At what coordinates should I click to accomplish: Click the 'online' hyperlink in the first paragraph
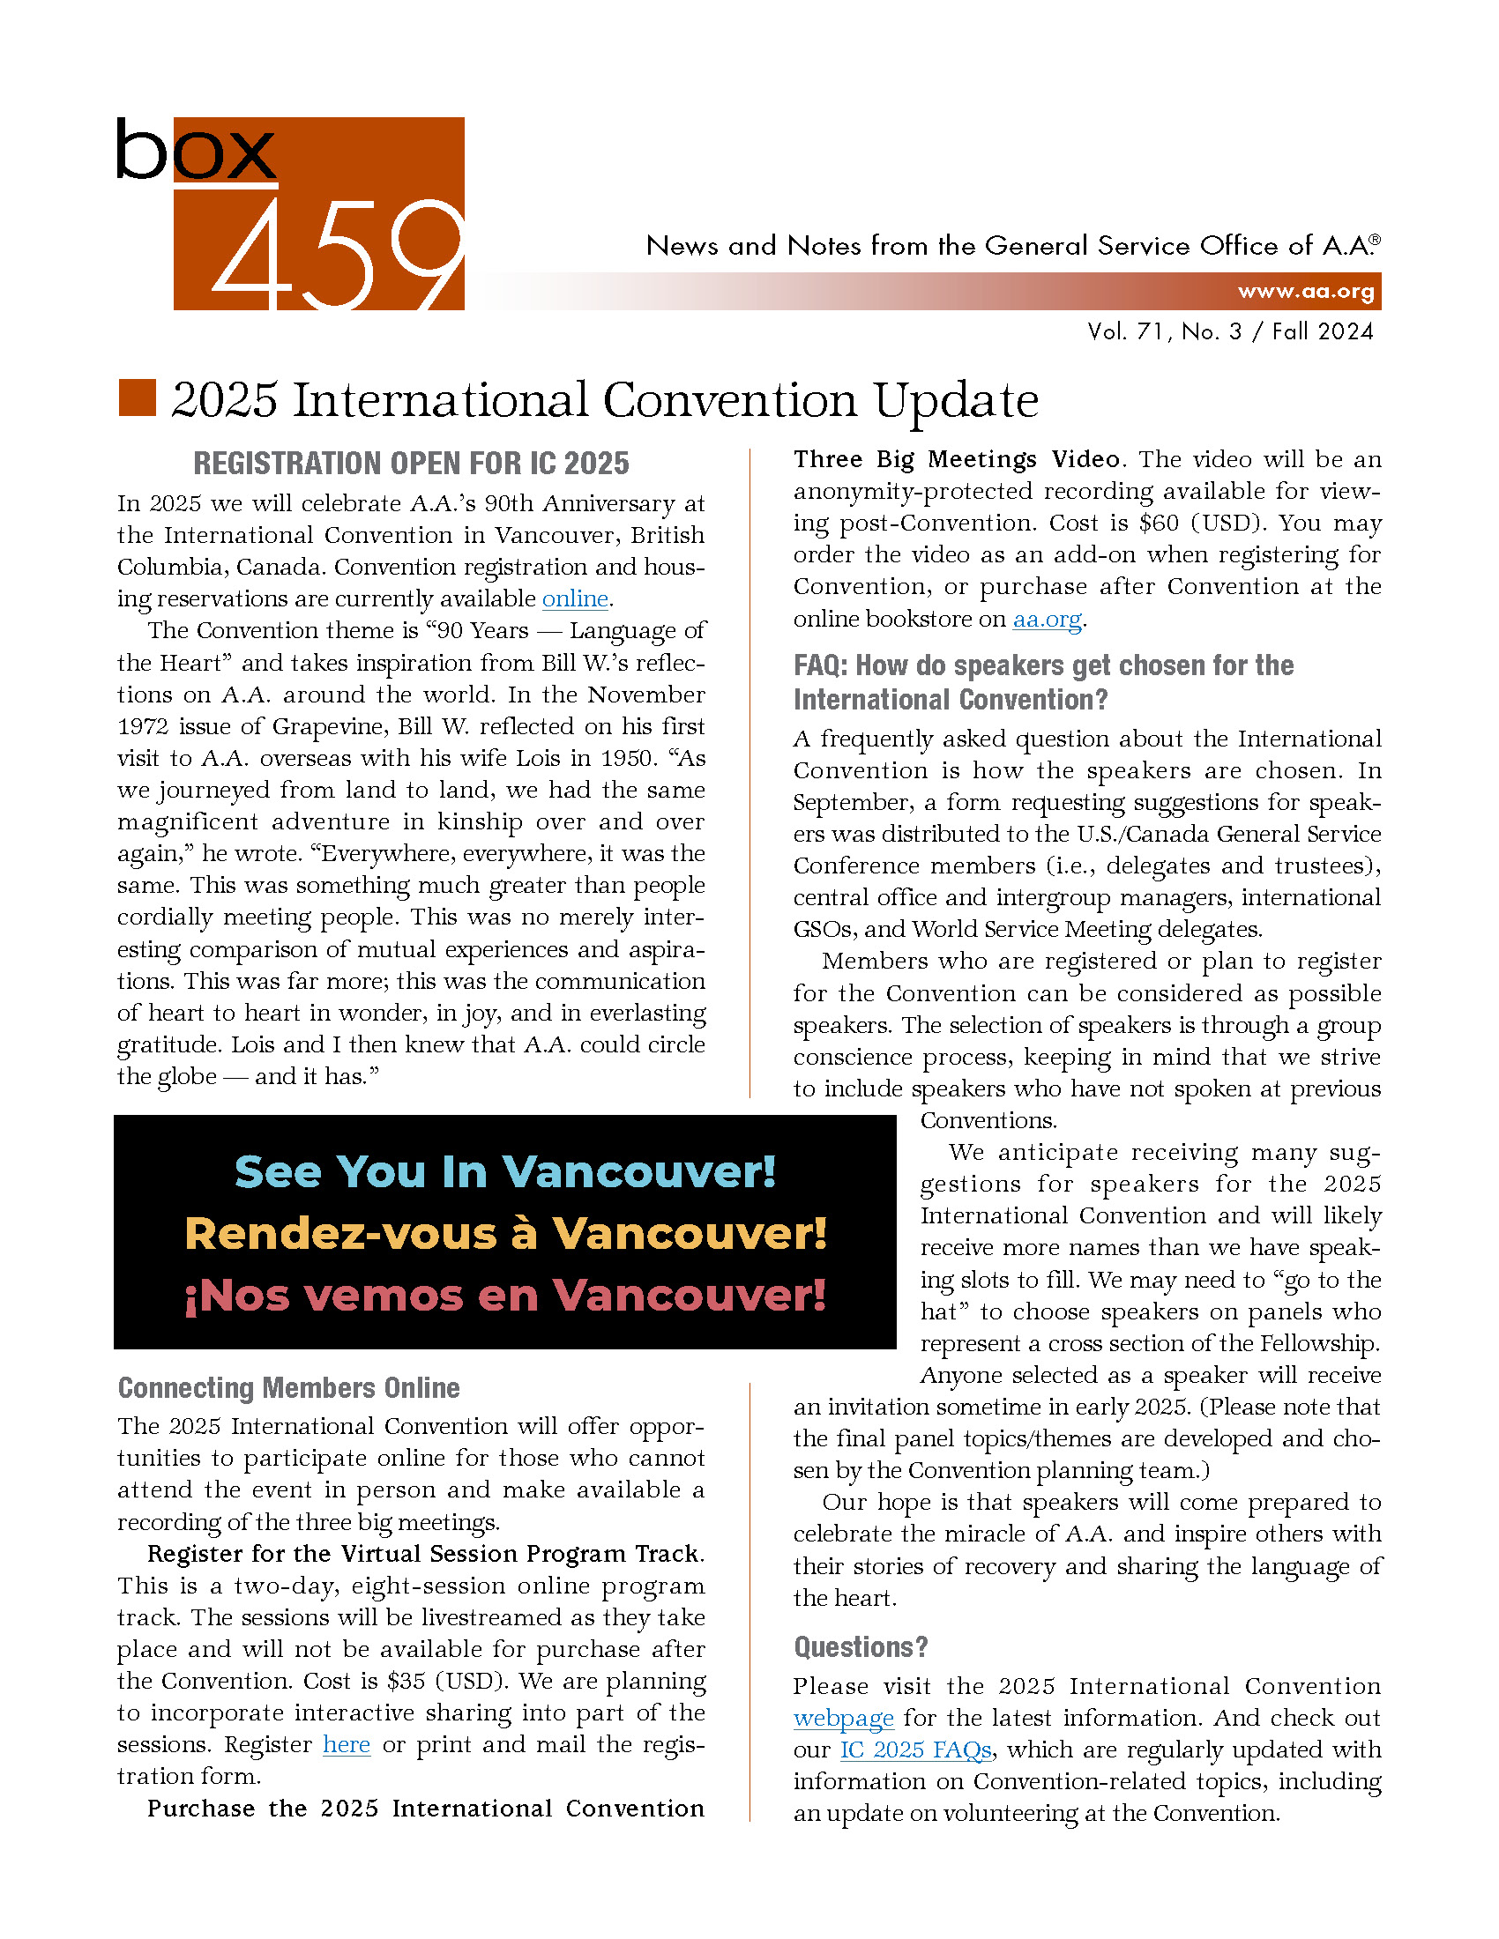[x=575, y=599]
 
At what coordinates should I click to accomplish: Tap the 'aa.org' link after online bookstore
[x=1047, y=619]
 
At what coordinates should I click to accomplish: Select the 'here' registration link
[x=347, y=1744]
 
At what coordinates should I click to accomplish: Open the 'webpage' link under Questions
[x=843, y=1718]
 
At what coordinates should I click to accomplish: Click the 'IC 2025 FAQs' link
[x=915, y=1750]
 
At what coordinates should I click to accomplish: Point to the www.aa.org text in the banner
[x=1305, y=291]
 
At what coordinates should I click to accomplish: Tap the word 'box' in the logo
[x=197, y=150]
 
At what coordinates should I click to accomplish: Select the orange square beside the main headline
[x=138, y=397]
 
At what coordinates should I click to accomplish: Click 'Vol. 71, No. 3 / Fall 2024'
[x=1230, y=332]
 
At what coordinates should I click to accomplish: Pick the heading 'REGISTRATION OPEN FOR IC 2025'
[x=411, y=464]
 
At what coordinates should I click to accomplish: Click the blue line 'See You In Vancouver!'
[x=505, y=1172]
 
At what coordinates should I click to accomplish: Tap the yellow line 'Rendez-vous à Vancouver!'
[x=505, y=1233]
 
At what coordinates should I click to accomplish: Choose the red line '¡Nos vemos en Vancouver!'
[x=505, y=1296]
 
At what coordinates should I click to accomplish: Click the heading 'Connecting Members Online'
[x=288, y=1388]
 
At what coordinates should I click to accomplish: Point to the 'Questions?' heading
[x=861, y=1648]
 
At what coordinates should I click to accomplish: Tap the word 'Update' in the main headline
[x=956, y=400]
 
